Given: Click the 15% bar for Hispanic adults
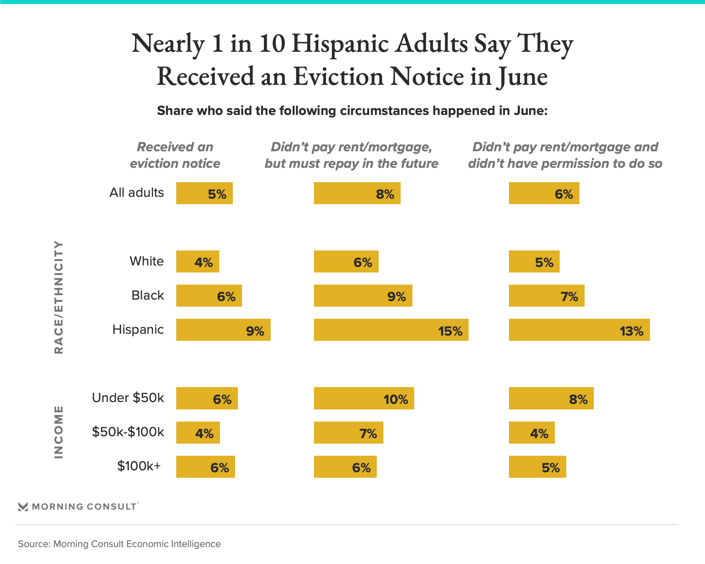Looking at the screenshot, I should click(x=391, y=330).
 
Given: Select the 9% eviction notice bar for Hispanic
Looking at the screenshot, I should click(x=223, y=330).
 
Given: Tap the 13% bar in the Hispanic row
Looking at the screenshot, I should click(x=579, y=330).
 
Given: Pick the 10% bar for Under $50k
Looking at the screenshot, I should click(x=364, y=398).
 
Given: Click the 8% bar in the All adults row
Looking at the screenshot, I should click(x=357, y=193).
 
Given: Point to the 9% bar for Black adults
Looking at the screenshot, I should click(x=363, y=296).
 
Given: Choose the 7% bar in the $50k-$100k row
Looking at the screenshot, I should click(x=348, y=433).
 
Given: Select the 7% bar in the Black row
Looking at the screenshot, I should click(x=546, y=296).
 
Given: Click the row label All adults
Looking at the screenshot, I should click(x=137, y=193).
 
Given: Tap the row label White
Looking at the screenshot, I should click(x=147, y=261).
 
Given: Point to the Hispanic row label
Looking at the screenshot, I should click(x=138, y=329).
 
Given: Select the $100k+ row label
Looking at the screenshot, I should click(x=139, y=466).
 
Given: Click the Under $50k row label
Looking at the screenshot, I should click(x=128, y=398).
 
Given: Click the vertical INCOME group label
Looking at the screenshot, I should click(x=59, y=432).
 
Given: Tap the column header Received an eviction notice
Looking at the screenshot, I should click(x=175, y=155).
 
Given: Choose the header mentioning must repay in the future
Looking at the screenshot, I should click(x=351, y=155).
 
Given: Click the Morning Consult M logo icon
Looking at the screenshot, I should click(x=23, y=507).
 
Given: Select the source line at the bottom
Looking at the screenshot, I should click(x=119, y=544).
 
